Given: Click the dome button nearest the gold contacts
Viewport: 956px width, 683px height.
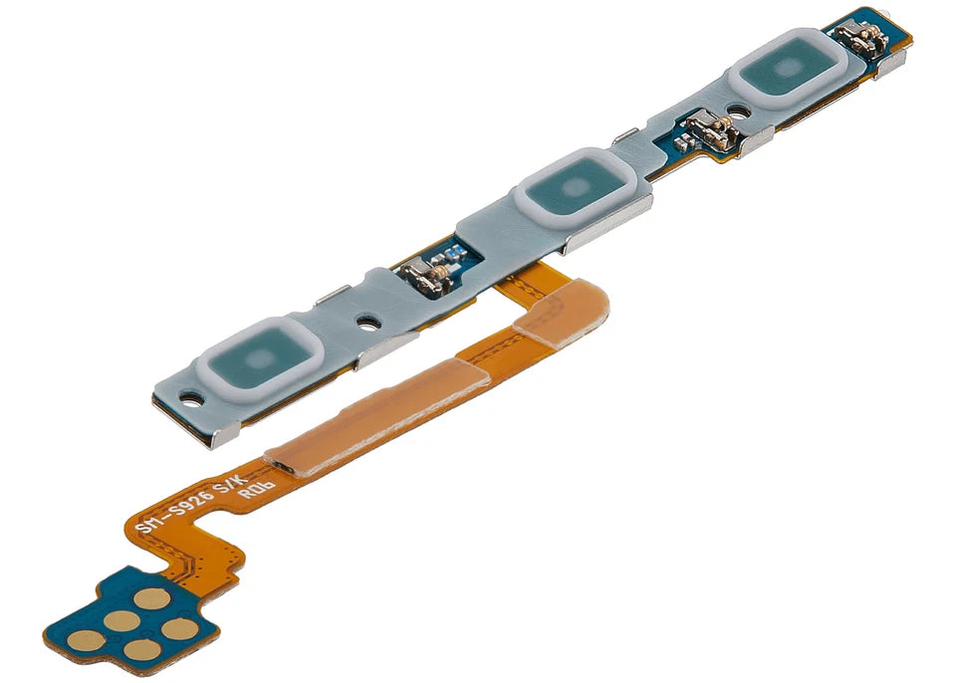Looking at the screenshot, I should point(260,356).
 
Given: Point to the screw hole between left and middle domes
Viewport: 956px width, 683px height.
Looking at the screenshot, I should point(367,323).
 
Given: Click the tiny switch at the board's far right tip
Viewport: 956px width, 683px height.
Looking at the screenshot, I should point(862,37).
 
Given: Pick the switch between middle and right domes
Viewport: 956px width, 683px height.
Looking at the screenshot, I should point(716,128).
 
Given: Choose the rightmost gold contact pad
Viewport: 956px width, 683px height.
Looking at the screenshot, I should point(179,629).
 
